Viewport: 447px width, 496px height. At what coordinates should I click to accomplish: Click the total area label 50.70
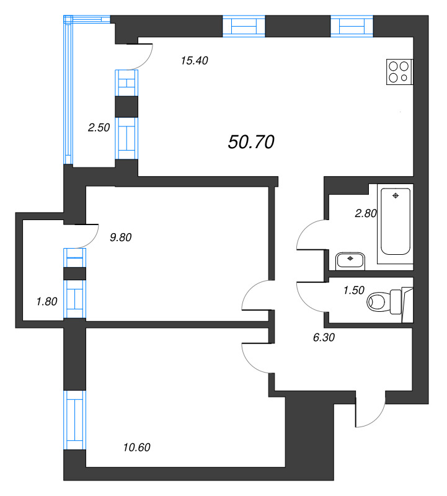click(251, 143)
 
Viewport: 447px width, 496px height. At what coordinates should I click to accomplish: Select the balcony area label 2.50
click(99, 128)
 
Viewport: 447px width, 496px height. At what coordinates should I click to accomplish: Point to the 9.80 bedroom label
click(121, 236)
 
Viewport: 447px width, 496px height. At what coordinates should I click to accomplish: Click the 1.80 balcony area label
click(47, 302)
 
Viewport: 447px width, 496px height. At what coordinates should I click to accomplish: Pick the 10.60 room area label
click(136, 447)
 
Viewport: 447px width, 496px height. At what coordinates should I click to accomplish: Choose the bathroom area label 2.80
click(365, 214)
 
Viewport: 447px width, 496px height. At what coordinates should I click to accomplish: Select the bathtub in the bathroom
click(396, 220)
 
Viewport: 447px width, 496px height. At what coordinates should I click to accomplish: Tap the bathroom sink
click(351, 260)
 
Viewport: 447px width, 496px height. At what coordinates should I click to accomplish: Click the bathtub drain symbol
click(396, 196)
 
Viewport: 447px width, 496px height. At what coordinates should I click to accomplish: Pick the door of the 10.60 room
click(255, 356)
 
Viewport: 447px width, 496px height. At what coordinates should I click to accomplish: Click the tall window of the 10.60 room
click(74, 420)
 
